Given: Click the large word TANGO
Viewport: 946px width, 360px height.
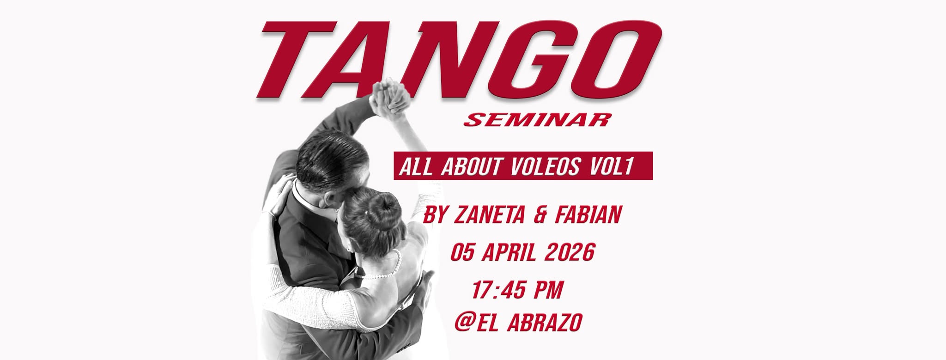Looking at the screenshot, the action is coord(459,60).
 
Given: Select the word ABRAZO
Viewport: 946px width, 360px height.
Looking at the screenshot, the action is coord(545,322).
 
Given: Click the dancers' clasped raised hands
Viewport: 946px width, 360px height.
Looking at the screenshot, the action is coord(390,97).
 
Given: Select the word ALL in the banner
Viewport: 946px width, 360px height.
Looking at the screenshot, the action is coord(416,167).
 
